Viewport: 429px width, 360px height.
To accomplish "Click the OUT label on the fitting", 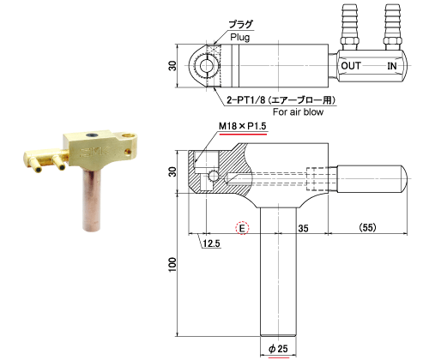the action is [x=351, y=66].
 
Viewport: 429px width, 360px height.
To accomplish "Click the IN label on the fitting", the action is [x=392, y=66].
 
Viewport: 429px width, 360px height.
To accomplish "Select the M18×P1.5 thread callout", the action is [x=243, y=126].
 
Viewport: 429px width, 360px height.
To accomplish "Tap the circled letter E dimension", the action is [x=242, y=228].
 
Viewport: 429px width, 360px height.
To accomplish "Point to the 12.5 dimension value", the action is [x=211, y=243].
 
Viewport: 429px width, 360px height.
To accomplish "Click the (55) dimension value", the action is [x=367, y=227].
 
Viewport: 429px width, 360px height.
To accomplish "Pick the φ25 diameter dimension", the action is [x=278, y=349].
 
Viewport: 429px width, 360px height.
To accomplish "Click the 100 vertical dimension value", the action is [x=172, y=265].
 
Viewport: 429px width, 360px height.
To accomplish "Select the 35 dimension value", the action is [x=303, y=228].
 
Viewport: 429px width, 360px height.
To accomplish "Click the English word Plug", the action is [x=240, y=38].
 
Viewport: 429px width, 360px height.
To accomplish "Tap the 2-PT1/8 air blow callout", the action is [x=281, y=100].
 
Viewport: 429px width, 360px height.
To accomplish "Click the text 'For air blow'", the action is [x=298, y=111].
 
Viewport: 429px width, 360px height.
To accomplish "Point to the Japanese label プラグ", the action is [x=241, y=24].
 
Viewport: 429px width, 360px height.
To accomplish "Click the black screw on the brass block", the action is [x=92, y=135].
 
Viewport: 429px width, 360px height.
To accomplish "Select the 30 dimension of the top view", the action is [x=172, y=66].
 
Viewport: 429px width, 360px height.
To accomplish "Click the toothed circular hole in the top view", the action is [x=205, y=66].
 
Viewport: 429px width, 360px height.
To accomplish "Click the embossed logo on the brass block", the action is [x=94, y=152].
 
